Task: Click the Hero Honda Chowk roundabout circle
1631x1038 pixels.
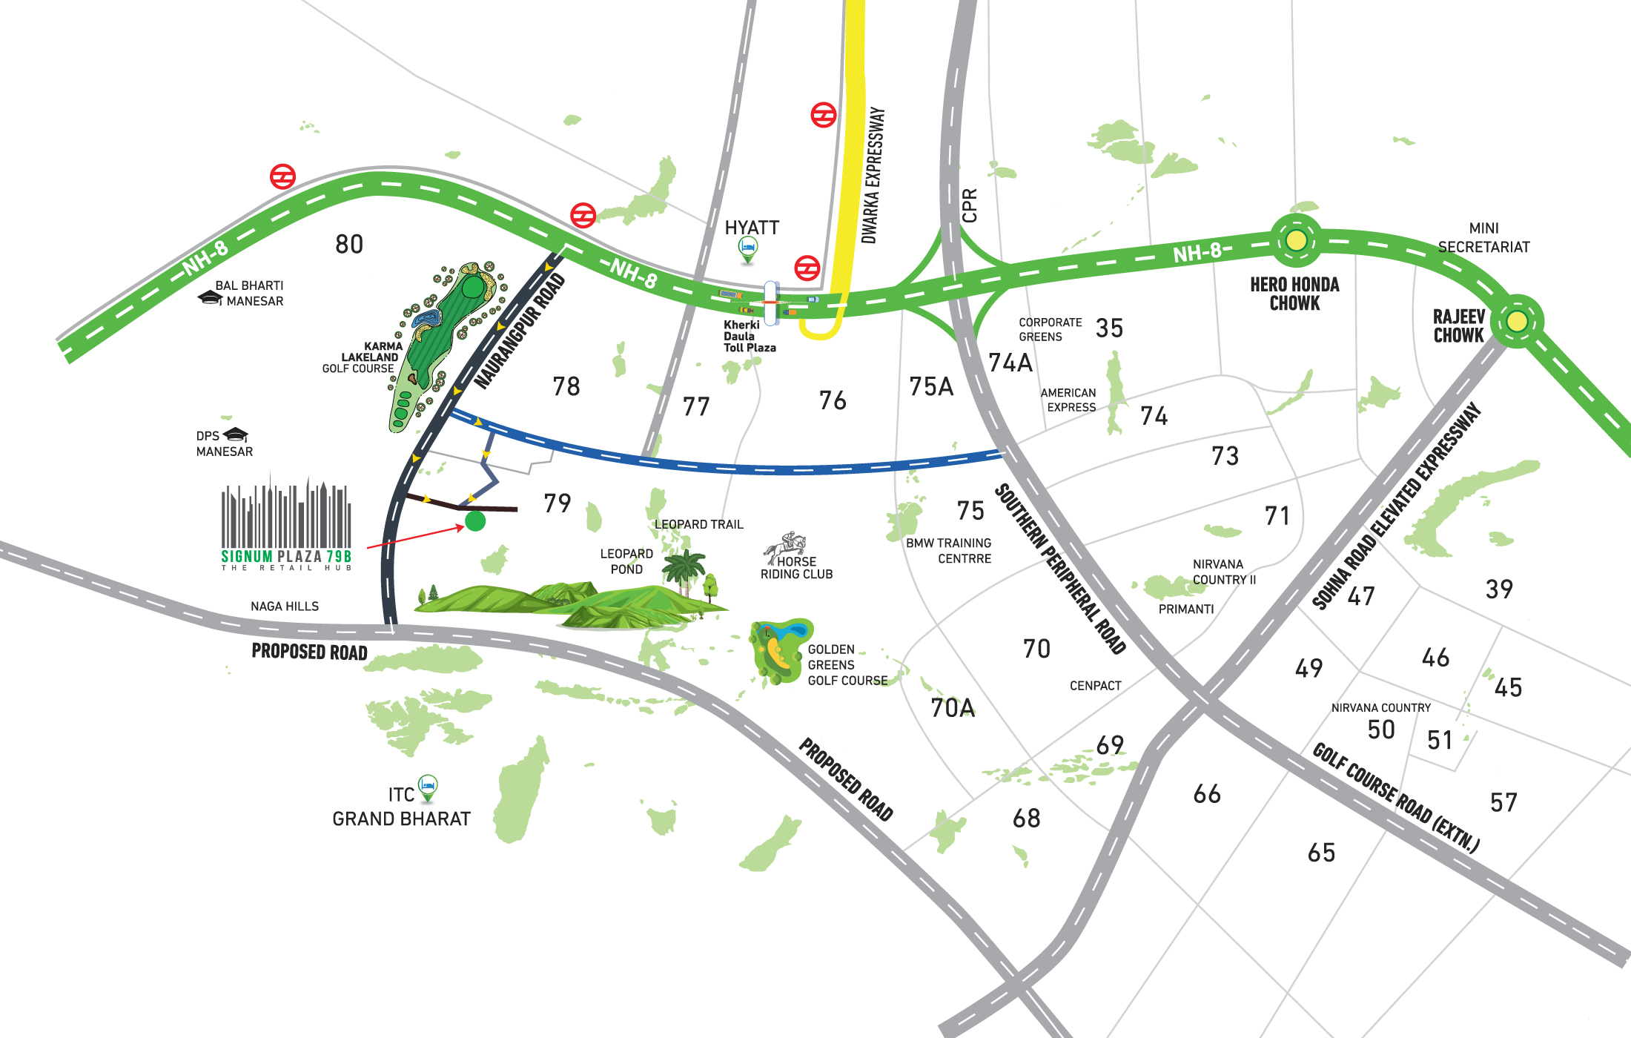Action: [1295, 240]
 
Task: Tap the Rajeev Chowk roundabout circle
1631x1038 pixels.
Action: [1517, 322]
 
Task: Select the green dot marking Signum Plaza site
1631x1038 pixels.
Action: [475, 521]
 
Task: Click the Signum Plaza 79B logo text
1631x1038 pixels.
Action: [286, 556]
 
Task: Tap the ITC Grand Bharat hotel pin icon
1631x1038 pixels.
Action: [428, 787]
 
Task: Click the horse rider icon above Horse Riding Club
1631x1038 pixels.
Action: [787, 547]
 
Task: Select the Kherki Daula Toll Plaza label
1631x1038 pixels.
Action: [749, 336]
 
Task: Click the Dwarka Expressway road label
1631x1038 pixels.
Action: [873, 175]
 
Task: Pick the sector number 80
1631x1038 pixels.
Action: [349, 244]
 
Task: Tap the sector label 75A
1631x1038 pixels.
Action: [931, 386]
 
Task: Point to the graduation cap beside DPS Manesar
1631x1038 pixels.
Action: [236, 434]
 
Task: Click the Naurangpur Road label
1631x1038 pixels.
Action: [520, 331]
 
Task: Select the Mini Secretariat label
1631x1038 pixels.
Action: [1483, 237]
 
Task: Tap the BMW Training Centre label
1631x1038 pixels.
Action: [949, 551]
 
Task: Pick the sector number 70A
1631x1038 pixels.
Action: [953, 708]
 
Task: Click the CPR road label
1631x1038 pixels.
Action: [969, 205]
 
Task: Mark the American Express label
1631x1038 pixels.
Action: [1068, 400]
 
